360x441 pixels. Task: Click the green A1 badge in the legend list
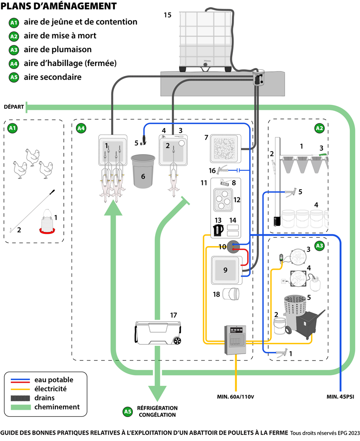[x=14, y=22]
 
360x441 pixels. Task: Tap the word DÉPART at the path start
[x=13, y=107]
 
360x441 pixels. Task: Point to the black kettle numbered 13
[x=218, y=230]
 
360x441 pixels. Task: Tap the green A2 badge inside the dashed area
[x=318, y=127]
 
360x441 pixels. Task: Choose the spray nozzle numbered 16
[x=222, y=170]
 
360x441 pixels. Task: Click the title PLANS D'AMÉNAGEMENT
[x=59, y=6]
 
